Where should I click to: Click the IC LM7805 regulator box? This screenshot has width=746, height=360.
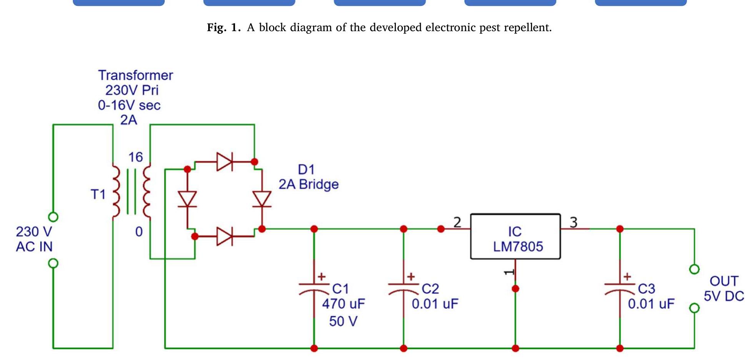click(x=515, y=237)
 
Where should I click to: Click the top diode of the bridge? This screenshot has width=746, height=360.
click(x=225, y=162)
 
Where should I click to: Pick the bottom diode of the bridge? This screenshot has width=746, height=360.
click(x=225, y=236)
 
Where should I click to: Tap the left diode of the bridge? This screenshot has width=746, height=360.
click(x=187, y=199)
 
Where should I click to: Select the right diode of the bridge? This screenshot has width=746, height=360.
click(x=262, y=199)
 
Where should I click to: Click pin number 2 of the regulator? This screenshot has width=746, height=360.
click(x=457, y=222)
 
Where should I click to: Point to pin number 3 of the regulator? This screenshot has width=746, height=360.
click(x=573, y=222)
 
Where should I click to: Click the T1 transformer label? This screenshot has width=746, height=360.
click(x=98, y=194)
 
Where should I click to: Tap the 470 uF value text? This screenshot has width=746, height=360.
click(x=343, y=304)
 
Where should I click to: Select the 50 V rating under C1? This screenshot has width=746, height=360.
click(x=343, y=321)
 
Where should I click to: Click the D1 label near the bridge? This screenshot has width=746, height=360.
click(x=306, y=170)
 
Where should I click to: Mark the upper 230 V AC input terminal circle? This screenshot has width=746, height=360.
click(x=53, y=217)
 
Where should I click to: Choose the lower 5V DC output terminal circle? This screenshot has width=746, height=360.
click(x=694, y=308)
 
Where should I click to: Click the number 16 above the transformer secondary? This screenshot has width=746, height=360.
click(x=135, y=157)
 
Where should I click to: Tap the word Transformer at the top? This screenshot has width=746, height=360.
click(x=135, y=75)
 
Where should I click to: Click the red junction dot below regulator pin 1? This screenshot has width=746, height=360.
click(x=516, y=288)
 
